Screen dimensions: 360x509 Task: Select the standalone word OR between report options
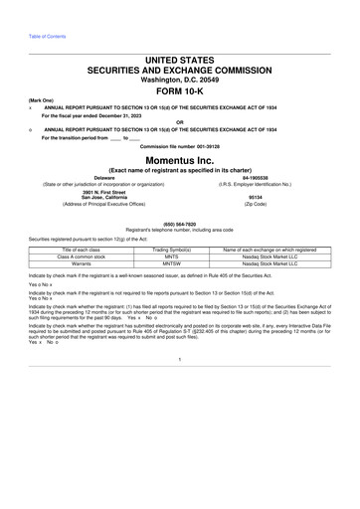coord(179,123)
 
